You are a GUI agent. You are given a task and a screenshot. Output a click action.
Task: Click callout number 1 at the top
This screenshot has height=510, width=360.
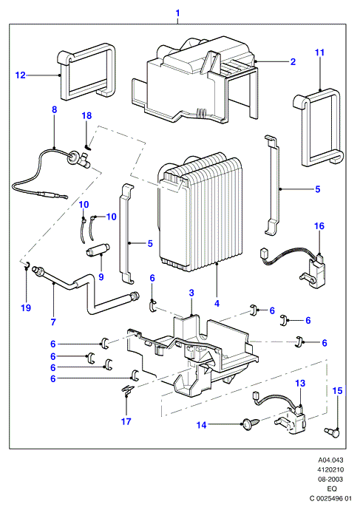click(x=177, y=13)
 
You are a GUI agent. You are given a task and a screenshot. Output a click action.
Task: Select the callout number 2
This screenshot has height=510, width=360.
click(x=293, y=62)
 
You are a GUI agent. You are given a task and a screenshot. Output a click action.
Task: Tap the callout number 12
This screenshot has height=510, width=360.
click(x=20, y=75)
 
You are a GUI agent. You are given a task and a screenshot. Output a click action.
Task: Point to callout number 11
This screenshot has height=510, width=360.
click(x=319, y=52)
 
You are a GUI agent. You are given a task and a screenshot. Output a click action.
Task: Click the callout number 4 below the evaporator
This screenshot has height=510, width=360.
click(x=217, y=303)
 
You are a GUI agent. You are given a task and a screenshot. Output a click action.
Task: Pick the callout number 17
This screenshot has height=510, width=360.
click(x=126, y=421)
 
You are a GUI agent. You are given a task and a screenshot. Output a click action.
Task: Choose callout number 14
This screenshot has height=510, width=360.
click(x=201, y=425)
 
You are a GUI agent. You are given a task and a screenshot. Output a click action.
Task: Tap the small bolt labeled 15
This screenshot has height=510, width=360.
click(x=332, y=432)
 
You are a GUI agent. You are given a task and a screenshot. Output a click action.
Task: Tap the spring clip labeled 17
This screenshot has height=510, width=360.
click(x=127, y=390)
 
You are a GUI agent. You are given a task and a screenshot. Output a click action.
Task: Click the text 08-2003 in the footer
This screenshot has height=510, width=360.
click(x=330, y=479)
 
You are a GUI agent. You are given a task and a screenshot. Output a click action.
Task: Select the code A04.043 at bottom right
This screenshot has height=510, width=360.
click(x=330, y=460)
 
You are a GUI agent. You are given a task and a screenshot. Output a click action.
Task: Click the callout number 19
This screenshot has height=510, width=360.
click(x=26, y=307)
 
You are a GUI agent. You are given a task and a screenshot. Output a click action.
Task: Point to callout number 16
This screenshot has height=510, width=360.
click(x=319, y=225)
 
